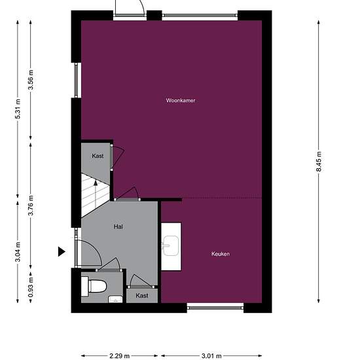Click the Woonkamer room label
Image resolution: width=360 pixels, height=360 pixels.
tap(181, 101)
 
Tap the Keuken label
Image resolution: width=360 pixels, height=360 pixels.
tap(220, 254)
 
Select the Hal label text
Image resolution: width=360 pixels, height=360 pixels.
tap(118, 226)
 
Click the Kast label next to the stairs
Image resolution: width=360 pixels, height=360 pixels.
tap(98, 156)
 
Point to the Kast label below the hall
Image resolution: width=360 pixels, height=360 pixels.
tap(141, 296)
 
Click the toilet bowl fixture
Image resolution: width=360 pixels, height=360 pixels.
tap(96, 286)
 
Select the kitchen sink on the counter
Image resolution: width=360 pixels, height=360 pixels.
tap(171, 246)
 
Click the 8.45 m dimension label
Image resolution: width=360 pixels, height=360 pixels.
tap(319, 161)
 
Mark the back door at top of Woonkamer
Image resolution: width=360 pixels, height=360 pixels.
tap(129, 9)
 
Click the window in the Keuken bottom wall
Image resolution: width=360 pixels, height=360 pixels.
tap(215, 306)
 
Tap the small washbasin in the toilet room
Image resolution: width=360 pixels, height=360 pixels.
tap(115, 300)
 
